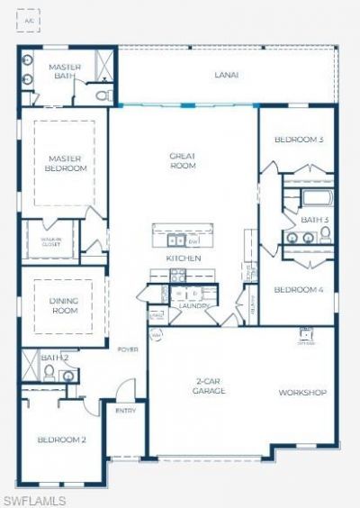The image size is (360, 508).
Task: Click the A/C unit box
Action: (x=30, y=19)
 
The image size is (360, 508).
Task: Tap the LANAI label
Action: (x=226, y=76)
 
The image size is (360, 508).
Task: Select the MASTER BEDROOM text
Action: (x=66, y=163)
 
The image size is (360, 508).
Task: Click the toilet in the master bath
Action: (x=103, y=94)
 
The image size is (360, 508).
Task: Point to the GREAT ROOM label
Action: (x=184, y=160)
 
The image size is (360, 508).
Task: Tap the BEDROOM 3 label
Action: (x=298, y=140)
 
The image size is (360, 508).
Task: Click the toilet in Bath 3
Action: (x=325, y=234)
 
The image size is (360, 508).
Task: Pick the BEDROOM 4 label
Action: (x=298, y=289)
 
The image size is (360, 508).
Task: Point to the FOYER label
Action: (x=127, y=349)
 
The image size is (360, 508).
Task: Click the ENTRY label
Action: (x=125, y=411)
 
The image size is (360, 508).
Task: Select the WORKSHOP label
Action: (x=301, y=393)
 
